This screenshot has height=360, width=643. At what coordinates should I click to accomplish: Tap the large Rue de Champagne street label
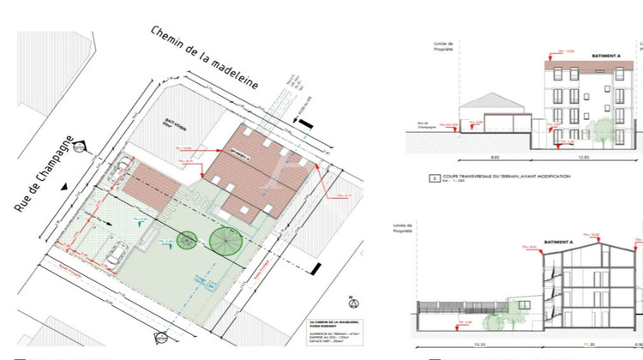pos(47,171)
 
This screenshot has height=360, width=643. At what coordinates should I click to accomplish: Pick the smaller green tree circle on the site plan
pos(188,243)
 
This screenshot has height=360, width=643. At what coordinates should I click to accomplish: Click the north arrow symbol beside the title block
pos(351,302)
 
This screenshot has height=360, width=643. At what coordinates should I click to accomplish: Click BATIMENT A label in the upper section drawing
pos(605,55)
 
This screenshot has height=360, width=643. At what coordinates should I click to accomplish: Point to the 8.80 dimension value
pos(471,157)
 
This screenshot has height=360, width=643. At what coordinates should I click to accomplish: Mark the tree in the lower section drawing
pos(496,317)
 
